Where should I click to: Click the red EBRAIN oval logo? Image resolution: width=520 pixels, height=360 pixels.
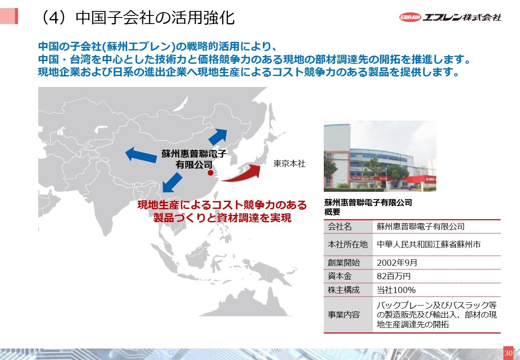(x=410, y=17)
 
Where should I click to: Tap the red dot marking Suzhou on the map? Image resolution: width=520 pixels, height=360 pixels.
(x=210, y=173)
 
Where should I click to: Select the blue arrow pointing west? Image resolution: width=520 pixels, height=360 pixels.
(x=141, y=155)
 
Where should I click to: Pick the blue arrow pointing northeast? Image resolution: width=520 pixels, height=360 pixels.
(x=218, y=137)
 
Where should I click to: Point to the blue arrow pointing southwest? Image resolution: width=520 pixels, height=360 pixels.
(x=172, y=183)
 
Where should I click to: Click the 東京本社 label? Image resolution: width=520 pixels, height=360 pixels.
(x=289, y=164)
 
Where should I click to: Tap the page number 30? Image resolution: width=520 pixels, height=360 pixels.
(x=508, y=353)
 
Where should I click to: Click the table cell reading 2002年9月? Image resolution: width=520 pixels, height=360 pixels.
(x=397, y=262)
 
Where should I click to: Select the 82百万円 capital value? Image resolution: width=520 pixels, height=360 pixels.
(x=394, y=276)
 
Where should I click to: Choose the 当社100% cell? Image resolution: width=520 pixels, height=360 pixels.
(x=396, y=290)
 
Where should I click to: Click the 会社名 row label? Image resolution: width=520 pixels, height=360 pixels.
(x=339, y=226)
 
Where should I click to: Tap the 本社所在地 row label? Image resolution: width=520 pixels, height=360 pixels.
(x=347, y=244)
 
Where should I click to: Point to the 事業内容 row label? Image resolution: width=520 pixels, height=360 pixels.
(x=344, y=315)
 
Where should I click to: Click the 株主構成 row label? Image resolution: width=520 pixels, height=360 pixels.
(x=344, y=290)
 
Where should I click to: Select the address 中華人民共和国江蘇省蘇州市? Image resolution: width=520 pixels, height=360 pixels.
(x=429, y=244)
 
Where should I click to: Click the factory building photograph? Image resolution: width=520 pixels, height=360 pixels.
(x=380, y=156)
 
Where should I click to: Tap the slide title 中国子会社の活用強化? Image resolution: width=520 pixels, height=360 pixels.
(x=155, y=18)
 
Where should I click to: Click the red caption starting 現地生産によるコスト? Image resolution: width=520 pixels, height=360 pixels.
(x=222, y=211)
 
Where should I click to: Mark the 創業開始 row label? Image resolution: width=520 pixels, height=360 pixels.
(x=344, y=262)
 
